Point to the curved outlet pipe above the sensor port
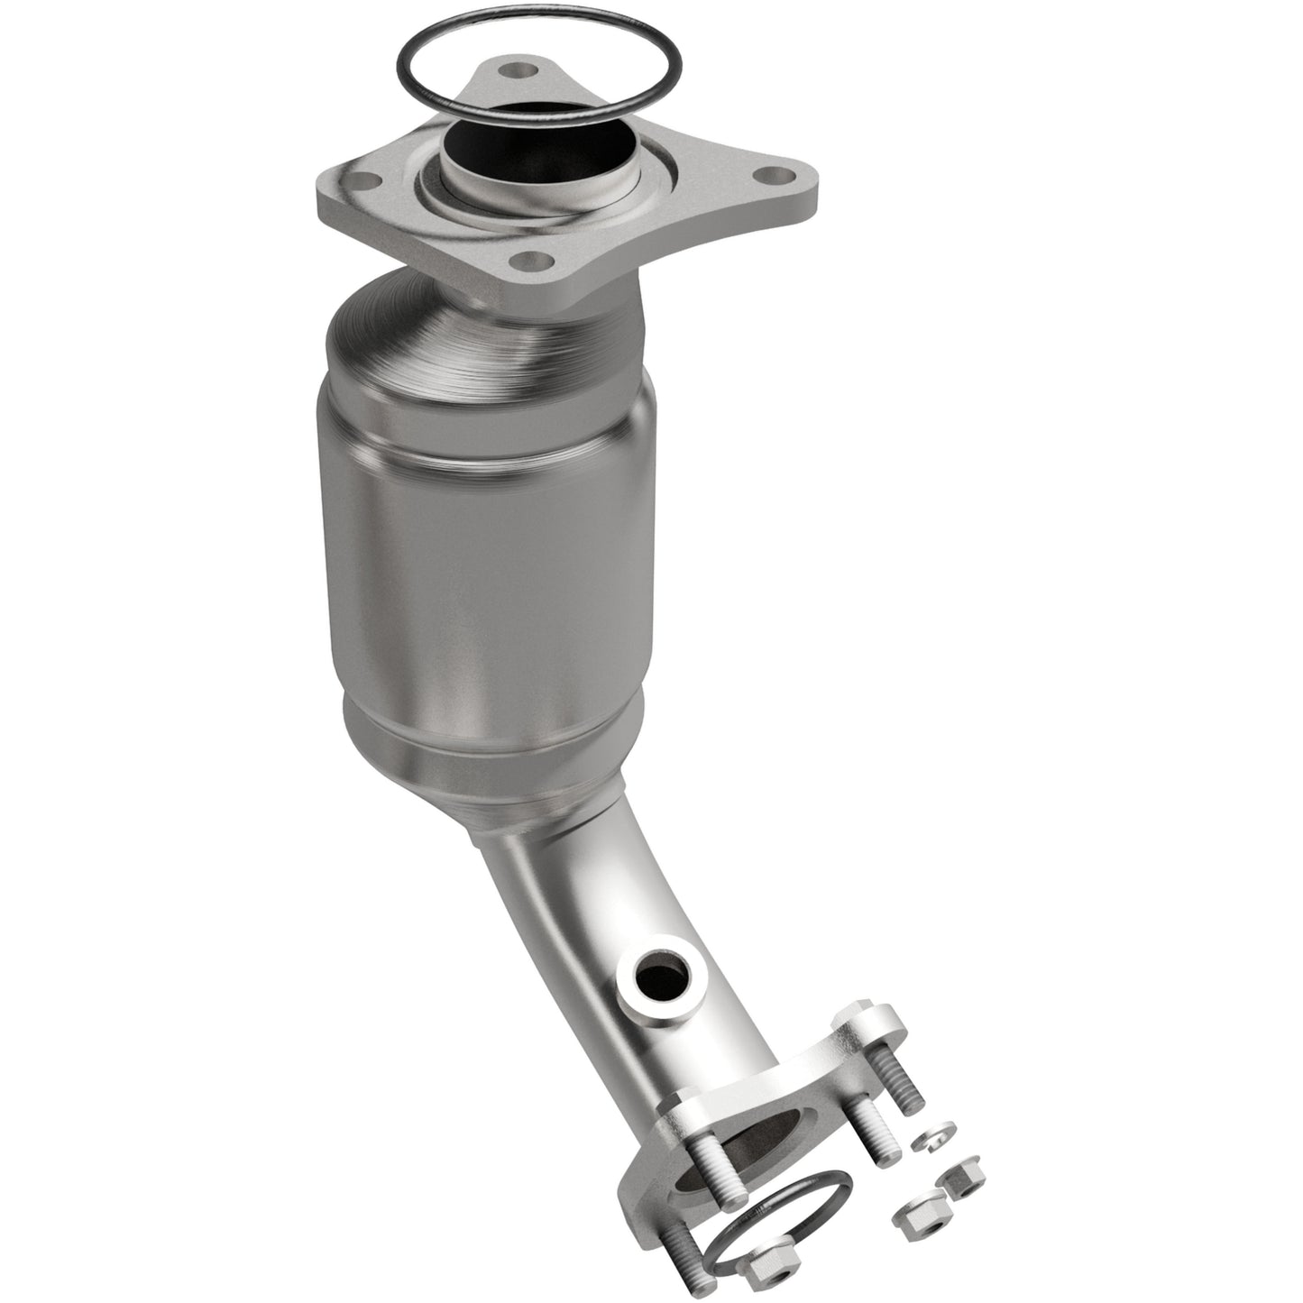pos(541,884)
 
